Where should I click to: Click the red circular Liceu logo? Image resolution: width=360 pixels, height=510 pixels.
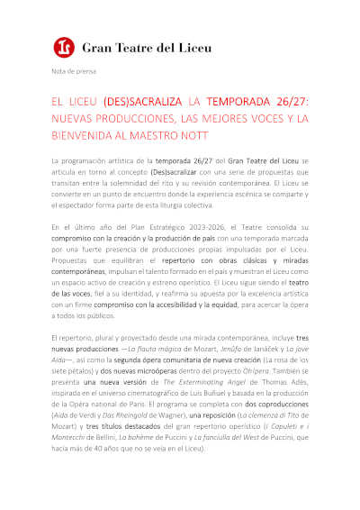(x=62, y=44)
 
